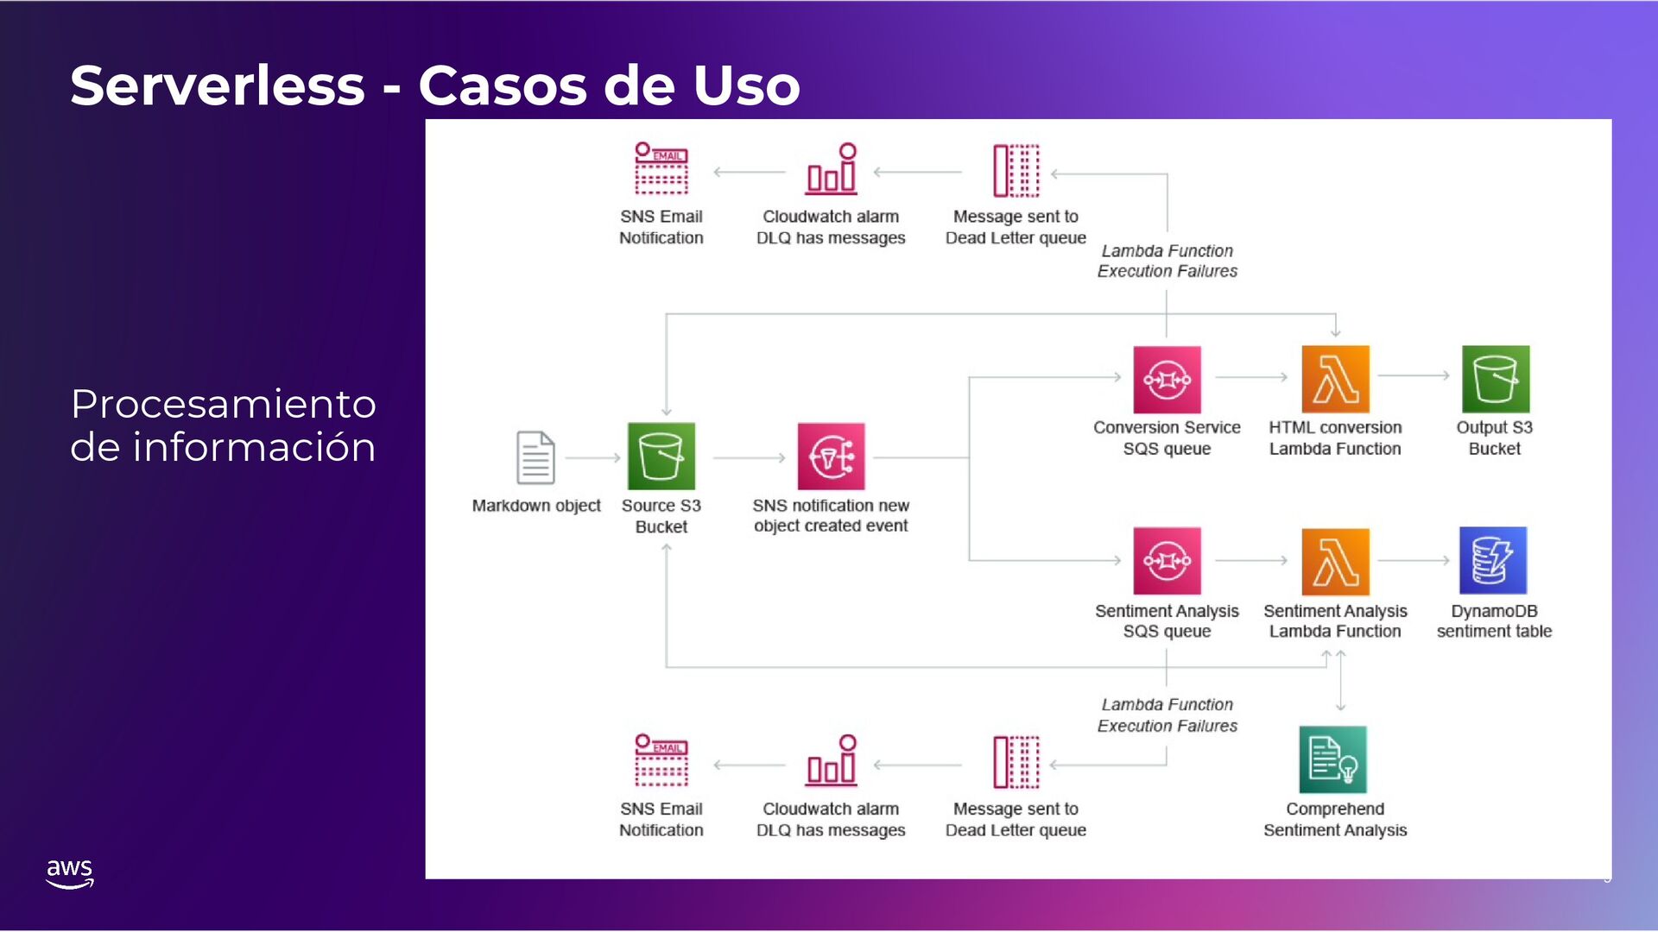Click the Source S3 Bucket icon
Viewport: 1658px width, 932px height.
tap(661, 456)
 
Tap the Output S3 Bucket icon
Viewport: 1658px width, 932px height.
tap(1495, 380)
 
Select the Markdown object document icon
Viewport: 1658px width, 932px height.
tap(535, 457)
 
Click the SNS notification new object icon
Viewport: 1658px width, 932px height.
tap(831, 457)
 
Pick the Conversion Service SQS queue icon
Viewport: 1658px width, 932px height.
tap(1167, 380)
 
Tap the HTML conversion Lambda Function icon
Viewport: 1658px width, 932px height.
tap(1335, 380)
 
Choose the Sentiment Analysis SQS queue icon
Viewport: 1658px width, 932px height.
tap(1167, 561)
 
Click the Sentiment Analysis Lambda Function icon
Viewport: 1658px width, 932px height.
tap(1335, 561)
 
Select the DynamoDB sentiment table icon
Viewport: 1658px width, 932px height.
tap(1493, 561)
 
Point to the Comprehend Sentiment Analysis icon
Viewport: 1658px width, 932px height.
tap(1332, 759)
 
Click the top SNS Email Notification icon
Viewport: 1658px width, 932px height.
tap(661, 169)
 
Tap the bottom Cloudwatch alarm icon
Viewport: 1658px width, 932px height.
tap(832, 761)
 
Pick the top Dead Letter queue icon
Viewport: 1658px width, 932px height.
tap(1016, 171)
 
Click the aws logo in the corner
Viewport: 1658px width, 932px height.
tap(69, 872)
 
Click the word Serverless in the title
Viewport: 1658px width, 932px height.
tap(218, 85)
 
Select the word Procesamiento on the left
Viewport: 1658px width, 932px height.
tap(223, 404)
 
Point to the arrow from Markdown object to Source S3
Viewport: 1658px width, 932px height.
tap(593, 457)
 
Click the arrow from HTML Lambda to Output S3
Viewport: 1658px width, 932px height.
tap(1414, 375)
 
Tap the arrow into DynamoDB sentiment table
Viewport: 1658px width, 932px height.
tap(1414, 561)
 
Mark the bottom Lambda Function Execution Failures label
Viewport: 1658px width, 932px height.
tap(1167, 715)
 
